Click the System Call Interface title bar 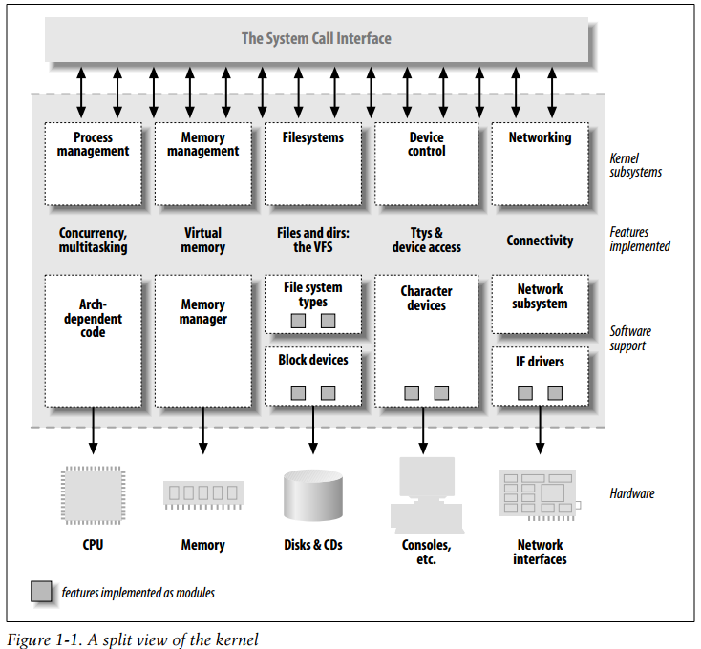[x=316, y=39]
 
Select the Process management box [x=93, y=163]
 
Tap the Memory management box [x=202, y=163]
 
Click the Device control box [x=426, y=163]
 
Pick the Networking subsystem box [x=539, y=163]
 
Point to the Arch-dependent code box [x=93, y=341]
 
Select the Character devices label [x=426, y=299]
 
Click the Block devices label [x=313, y=361]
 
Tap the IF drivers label [x=540, y=363]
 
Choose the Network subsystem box [x=540, y=304]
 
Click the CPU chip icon [x=93, y=493]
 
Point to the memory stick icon [x=202, y=493]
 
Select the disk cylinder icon [x=313, y=495]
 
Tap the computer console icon [x=425, y=494]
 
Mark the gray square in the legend [x=42, y=592]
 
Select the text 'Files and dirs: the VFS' [x=313, y=240]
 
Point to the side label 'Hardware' [x=632, y=493]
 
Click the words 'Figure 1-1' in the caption [x=38, y=639]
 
